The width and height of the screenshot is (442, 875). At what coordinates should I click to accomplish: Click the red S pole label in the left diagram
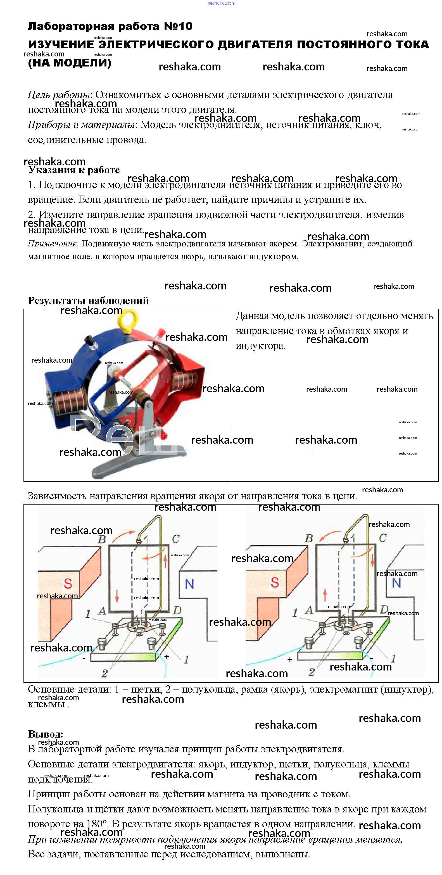(68, 584)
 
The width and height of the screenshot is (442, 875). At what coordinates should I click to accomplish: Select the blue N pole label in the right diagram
(396, 583)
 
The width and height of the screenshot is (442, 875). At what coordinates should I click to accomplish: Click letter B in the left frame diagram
(102, 539)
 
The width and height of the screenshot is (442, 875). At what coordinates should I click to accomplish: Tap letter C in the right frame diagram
(382, 538)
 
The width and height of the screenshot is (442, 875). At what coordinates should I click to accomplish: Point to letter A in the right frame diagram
(309, 610)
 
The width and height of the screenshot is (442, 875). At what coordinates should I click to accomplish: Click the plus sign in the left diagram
(167, 657)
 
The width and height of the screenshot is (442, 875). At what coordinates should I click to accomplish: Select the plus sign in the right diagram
(290, 659)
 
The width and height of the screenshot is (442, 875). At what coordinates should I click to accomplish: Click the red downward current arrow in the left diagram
(117, 595)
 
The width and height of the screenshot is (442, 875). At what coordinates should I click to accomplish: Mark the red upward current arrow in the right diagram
(325, 595)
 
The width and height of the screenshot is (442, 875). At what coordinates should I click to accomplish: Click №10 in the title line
(178, 26)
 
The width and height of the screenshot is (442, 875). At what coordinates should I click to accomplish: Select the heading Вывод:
(46, 734)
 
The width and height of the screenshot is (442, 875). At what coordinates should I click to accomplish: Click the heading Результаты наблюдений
(88, 301)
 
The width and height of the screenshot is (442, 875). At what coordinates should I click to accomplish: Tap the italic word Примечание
(53, 244)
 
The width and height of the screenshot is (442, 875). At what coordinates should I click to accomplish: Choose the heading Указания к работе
(74, 170)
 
